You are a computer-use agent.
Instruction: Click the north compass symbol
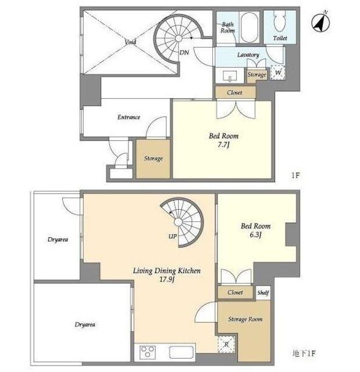pyautogui.click(x=320, y=22)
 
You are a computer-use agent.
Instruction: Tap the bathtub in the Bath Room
pyautogui.click(x=249, y=27)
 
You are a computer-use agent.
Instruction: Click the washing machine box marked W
pyautogui.click(x=278, y=72)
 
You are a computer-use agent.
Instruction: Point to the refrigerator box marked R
pyautogui.click(x=226, y=344)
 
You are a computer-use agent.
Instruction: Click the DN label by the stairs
pyautogui.click(x=184, y=52)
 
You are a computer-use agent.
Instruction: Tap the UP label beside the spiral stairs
pyautogui.click(x=173, y=237)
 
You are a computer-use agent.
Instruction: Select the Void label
pyautogui.click(x=130, y=42)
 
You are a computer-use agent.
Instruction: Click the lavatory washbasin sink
pyautogui.click(x=230, y=76)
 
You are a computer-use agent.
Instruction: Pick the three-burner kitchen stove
pyautogui.click(x=148, y=352)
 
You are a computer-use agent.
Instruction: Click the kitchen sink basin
pyautogui.click(x=181, y=352)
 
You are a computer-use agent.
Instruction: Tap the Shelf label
pyautogui.click(x=263, y=292)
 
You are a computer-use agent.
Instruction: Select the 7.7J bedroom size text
pyautogui.click(x=223, y=145)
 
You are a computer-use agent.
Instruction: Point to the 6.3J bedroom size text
pyautogui.click(x=255, y=235)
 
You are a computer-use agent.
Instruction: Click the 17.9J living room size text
pyautogui.click(x=167, y=280)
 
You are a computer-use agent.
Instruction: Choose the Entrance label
pyautogui.click(x=129, y=117)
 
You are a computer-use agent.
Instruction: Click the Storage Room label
pyautogui.click(x=245, y=319)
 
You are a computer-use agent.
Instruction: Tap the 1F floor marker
pyautogui.click(x=295, y=176)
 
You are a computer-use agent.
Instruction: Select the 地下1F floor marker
pyautogui.click(x=304, y=354)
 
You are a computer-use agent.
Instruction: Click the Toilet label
pyautogui.click(x=280, y=38)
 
